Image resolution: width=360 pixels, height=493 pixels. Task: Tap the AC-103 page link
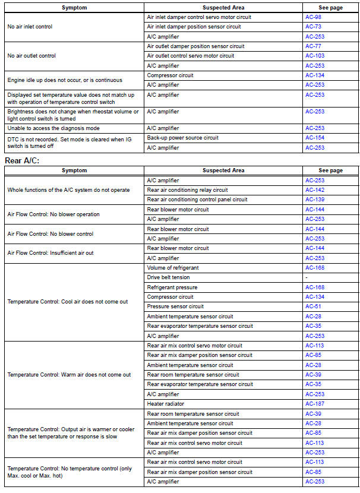point(314,56)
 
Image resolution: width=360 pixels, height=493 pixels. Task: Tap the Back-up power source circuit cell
point(183,138)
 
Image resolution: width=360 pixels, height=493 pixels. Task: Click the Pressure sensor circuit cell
point(175,306)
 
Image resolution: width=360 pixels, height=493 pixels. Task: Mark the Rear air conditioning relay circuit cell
point(187,190)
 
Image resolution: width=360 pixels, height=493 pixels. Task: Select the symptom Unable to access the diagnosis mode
point(53,128)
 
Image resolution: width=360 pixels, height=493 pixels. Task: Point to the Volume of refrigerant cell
point(173,268)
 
